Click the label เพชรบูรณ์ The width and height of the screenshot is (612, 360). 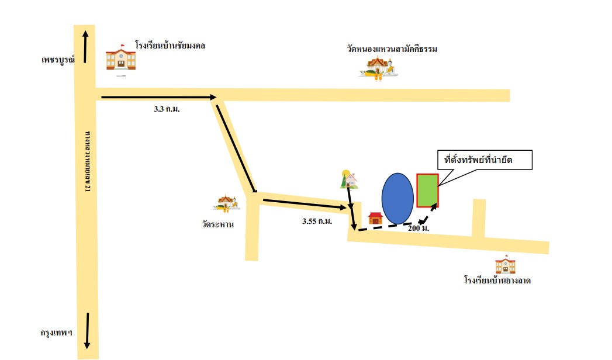58,60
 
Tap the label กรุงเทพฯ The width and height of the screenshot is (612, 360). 57,333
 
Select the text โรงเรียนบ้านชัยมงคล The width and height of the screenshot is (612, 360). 170,45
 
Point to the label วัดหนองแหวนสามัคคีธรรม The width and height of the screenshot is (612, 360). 392,49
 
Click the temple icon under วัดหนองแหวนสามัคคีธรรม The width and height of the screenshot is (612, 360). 378,68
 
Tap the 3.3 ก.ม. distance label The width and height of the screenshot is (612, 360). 167,109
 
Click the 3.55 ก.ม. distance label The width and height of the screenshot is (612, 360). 317,221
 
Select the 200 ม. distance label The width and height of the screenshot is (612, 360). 419,228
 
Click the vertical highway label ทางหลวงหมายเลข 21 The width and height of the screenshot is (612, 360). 88,161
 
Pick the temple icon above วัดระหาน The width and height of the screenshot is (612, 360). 226,203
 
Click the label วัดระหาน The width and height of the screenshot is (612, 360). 218,224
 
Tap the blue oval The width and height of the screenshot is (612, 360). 397,199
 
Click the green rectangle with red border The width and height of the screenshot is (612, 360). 427,191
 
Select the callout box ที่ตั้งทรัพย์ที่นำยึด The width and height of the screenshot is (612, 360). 485,160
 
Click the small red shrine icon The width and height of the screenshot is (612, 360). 375,219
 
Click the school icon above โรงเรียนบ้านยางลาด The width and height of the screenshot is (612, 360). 506,265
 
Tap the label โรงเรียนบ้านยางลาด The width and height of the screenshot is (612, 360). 497,281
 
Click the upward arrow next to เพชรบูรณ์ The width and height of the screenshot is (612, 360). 85,47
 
